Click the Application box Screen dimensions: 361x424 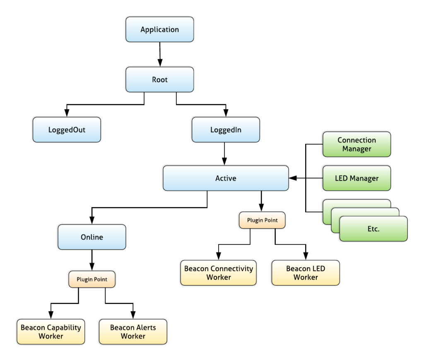(x=159, y=29)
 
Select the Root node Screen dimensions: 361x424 (x=159, y=79)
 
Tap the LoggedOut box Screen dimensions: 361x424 (x=67, y=130)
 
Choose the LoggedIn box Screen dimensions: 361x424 (x=226, y=130)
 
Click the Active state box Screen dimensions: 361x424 (x=226, y=178)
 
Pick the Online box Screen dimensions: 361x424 (x=92, y=237)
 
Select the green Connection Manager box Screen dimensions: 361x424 (x=357, y=144)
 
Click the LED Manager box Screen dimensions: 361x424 (x=357, y=178)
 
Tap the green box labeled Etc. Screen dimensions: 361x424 (x=373, y=229)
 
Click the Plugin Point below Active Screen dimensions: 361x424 (x=262, y=220)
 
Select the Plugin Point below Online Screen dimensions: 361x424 (x=92, y=279)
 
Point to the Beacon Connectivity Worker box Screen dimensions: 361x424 (x=218, y=273)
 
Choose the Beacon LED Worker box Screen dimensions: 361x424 (x=306, y=273)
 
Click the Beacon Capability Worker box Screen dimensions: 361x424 (x=51, y=332)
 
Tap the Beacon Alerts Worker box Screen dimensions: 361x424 (x=133, y=332)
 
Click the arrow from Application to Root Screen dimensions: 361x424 (x=159, y=54)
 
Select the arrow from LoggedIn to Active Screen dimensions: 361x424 (x=225, y=154)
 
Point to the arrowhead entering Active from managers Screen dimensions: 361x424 (x=293, y=178)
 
